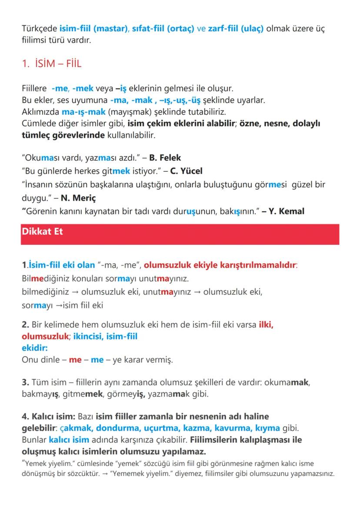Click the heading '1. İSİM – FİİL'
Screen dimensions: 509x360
coord(51,64)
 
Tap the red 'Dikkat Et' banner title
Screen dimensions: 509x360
coord(42,232)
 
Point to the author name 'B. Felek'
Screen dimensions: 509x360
coord(165,158)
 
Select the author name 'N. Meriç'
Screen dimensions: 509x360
coord(78,198)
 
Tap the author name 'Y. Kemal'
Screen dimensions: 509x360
coord(287,211)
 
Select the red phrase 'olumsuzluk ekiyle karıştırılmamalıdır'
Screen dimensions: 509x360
coord(220,265)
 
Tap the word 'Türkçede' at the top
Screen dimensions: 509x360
coord(39,29)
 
